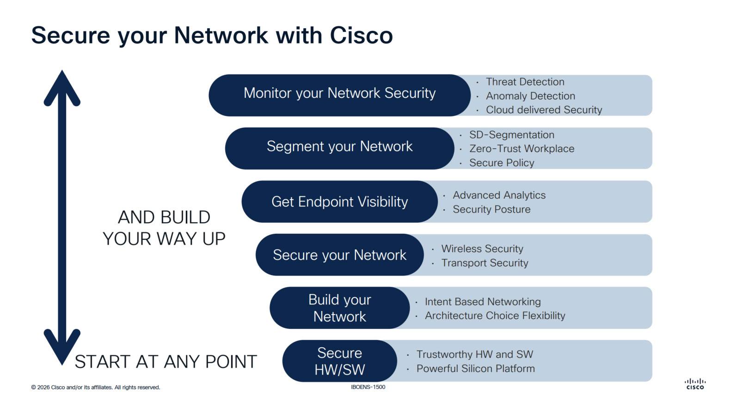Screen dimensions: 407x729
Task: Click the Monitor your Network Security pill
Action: click(339, 94)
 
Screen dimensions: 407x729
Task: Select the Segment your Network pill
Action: click(339, 147)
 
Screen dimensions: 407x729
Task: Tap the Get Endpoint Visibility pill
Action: click(339, 202)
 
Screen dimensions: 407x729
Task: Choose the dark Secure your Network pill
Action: click(339, 255)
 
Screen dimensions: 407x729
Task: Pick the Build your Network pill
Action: click(339, 308)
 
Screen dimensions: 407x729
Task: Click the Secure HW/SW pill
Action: click(339, 361)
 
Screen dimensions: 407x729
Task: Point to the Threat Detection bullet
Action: click(525, 82)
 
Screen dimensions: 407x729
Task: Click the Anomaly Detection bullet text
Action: click(530, 96)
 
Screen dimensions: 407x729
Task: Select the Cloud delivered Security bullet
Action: click(544, 110)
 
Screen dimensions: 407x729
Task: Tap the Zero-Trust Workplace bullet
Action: click(521, 149)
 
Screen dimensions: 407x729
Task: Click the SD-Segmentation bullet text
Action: click(511, 135)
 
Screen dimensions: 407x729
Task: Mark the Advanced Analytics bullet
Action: click(499, 195)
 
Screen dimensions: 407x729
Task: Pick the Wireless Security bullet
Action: click(482, 249)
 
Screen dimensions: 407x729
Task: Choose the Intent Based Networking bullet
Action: click(483, 302)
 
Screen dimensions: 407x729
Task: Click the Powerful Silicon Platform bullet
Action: click(475, 369)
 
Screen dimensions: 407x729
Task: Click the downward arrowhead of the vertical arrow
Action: click(62, 349)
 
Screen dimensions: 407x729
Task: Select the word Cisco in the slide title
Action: click(361, 36)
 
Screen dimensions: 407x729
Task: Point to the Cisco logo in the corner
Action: click(695, 384)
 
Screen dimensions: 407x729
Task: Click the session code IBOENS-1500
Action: click(368, 387)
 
